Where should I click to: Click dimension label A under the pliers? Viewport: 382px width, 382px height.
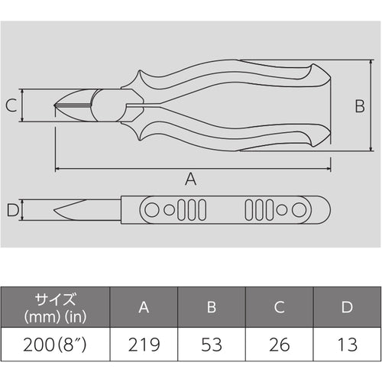pos(190,179)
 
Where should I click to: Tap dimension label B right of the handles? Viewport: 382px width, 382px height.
pos(360,106)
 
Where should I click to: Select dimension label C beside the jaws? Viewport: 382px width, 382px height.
pos(11,105)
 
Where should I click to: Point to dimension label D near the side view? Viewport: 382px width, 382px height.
pos(13,210)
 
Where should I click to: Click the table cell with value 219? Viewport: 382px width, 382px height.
pos(144,345)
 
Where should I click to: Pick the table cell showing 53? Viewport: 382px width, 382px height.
pos(212,345)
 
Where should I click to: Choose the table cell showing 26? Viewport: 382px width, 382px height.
pos(280,345)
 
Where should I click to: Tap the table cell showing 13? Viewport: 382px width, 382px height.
pos(348,345)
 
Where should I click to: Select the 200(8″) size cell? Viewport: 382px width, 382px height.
pos(55,345)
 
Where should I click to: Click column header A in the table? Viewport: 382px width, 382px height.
pos(144,307)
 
